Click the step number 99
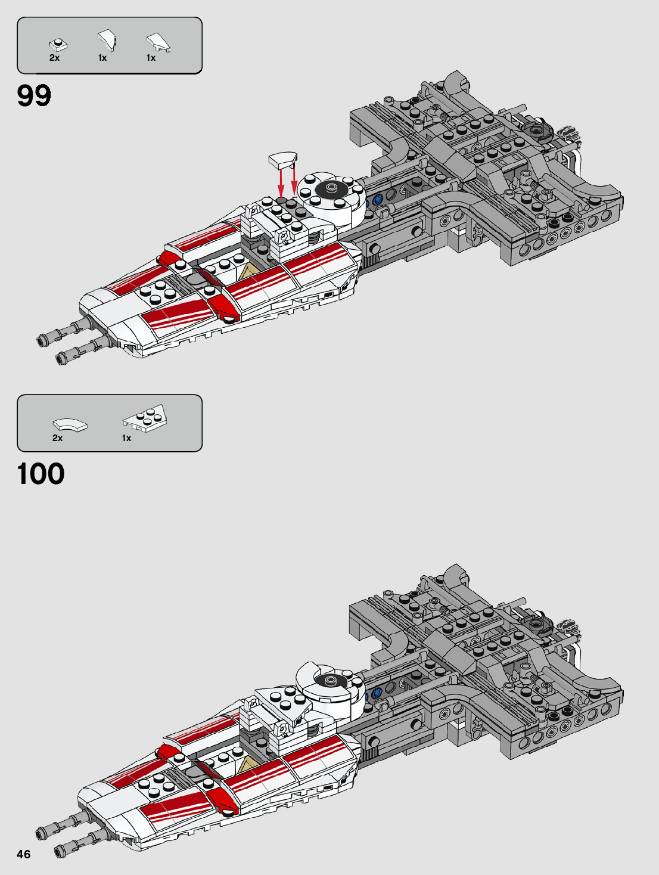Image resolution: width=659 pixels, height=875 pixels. pyautogui.click(x=35, y=95)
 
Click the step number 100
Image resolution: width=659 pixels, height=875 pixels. pyautogui.click(x=41, y=474)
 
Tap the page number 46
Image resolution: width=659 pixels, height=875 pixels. pyautogui.click(x=23, y=854)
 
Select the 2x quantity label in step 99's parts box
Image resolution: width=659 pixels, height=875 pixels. pyautogui.click(x=54, y=58)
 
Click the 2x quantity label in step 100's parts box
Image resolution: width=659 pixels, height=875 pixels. pyautogui.click(x=57, y=438)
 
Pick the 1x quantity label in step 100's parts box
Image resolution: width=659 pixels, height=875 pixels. pyautogui.click(x=126, y=438)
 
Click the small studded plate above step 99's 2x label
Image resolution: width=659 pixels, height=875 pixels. pyautogui.click(x=58, y=44)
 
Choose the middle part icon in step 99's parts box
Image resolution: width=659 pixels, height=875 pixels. pyautogui.click(x=107, y=41)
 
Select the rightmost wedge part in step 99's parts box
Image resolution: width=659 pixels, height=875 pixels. pyautogui.click(x=158, y=42)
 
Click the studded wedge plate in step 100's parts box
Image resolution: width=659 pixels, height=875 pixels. pyautogui.click(x=145, y=417)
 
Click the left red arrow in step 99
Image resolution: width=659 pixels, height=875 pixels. pyautogui.click(x=281, y=182)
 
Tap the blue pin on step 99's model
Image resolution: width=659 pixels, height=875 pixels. pyautogui.click(x=377, y=200)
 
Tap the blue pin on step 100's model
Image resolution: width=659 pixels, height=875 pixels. pyautogui.click(x=376, y=693)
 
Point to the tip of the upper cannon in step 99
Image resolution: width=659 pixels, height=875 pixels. pyautogui.click(x=42, y=341)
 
